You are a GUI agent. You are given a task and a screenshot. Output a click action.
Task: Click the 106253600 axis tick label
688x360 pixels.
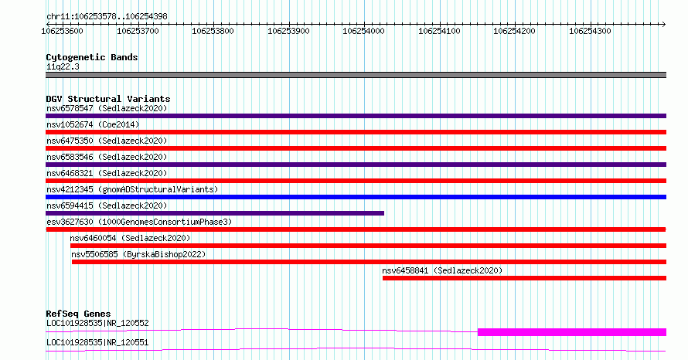pyautogui.click(x=62, y=31)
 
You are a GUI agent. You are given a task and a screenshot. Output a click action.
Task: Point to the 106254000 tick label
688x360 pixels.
pyautogui.click(x=363, y=31)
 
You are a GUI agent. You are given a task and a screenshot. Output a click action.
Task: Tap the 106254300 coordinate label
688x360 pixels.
pyautogui.click(x=590, y=31)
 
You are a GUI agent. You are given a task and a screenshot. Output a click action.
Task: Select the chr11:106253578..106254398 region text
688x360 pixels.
pyautogui.click(x=107, y=17)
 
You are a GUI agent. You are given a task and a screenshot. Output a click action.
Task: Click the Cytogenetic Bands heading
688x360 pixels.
pyautogui.click(x=92, y=57)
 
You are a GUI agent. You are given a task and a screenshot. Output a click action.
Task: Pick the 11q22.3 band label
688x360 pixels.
pyautogui.click(x=63, y=66)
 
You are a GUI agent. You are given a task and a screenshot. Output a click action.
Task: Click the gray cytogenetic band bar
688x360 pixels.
pyautogui.click(x=356, y=75)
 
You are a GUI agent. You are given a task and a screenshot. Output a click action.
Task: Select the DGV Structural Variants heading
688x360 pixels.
pyautogui.click(x=108, y=99)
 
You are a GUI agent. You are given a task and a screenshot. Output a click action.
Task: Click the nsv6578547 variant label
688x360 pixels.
pyautogui.click(x=70, y=108)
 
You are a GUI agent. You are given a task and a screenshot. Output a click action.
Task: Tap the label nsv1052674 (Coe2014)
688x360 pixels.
pyautogui.click(x=93, y=124)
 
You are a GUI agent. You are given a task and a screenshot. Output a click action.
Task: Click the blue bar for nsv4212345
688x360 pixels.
pyautogui.click(x=356, y=197)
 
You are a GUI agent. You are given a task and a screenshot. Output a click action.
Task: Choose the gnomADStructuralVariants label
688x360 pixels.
pyautogui.click(x=158, y=189)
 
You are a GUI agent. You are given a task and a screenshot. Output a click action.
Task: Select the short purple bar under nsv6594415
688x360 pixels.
pyautogui.click(x=215, y=213)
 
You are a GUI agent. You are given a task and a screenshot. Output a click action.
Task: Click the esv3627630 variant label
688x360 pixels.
pyautogui.click(x=70, y=222)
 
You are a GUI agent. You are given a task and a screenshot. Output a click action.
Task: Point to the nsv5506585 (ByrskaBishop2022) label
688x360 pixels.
pyautogui.click(x=138, y=254)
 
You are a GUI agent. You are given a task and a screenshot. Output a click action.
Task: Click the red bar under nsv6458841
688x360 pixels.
pyautogui.click(x=524, y=278)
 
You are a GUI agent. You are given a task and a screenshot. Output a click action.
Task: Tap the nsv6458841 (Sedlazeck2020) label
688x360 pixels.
pyautogui.click(x=442, y=270)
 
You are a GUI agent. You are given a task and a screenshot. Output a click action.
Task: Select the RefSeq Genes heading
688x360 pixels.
pyautogui.click(x=79, y=314)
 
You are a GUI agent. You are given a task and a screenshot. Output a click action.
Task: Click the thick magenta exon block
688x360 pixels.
pyautogui.click(x=572, y=332)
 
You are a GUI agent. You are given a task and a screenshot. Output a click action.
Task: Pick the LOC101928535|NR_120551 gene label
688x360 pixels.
pyautogui.click(x=97, y=342)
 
